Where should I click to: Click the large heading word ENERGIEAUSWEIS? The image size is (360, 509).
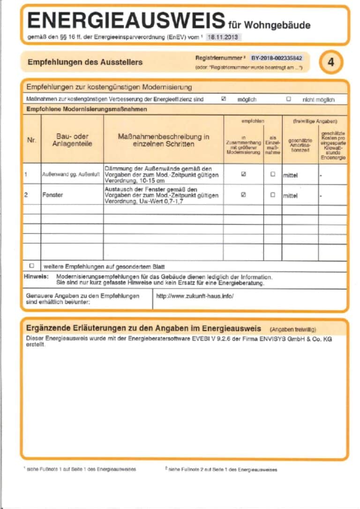126,21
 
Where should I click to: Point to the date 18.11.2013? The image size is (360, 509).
224,36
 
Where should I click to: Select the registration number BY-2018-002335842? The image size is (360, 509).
277,58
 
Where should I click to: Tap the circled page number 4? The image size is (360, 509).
331,62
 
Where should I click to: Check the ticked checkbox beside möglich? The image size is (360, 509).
224,99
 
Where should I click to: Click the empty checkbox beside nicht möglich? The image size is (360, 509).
288,99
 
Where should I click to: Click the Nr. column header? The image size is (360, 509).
32,140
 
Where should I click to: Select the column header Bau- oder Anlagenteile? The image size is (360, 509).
72,140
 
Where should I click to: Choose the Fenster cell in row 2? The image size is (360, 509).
52,195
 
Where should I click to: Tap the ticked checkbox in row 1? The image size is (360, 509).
243,174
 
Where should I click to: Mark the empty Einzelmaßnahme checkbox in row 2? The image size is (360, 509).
273,195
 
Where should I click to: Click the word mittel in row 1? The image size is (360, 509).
291,176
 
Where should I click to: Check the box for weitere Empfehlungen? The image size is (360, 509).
32,266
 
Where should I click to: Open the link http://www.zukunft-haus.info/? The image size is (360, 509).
195,296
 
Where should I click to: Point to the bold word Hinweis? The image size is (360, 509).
36,276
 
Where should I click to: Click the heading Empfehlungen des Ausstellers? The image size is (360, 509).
85,62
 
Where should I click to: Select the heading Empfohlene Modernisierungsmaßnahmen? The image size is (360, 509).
86,109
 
